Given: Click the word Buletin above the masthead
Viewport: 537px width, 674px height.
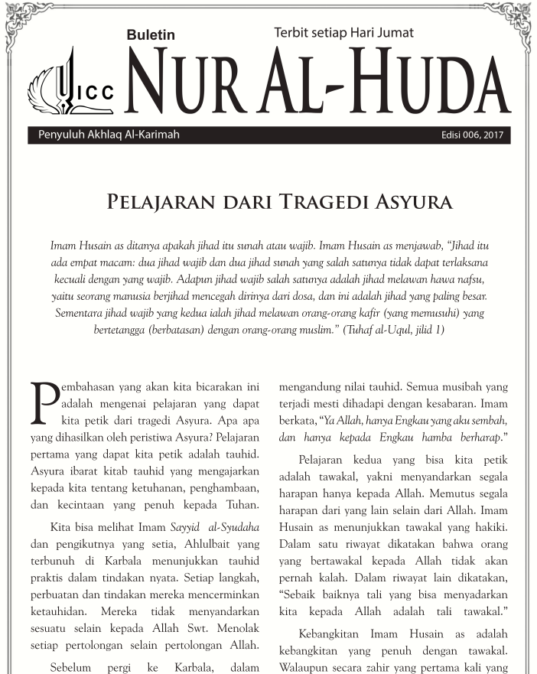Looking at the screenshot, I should (x=151, y=35).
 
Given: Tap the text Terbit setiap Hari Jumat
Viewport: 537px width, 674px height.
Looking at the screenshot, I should (x=343, y=32).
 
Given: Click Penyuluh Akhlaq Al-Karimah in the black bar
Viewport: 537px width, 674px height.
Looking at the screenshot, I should (x=109, y=136).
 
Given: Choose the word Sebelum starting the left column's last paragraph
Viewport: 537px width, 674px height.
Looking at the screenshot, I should (x=71, y=667).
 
